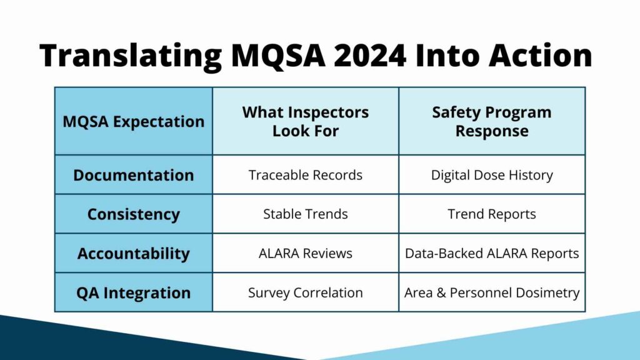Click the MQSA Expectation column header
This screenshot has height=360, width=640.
click(133, 121)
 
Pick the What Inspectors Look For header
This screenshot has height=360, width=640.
click(306, 121)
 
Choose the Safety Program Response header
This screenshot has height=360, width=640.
click(492, 121)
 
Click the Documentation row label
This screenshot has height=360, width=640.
click(133, 175)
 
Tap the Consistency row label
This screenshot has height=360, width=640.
click(133, 214)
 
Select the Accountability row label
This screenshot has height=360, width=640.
click(133, 253)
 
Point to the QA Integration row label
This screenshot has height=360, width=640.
click(133, 292)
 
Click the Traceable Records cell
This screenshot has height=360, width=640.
click(306, 175)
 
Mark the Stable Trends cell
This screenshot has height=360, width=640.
click(306, 214)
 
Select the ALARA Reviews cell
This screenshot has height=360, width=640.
click(306, 253)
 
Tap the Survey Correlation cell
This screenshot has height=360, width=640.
click(306, 292)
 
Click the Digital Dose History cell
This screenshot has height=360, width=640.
click(492, 175)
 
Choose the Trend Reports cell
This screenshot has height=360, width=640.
click(492, 214)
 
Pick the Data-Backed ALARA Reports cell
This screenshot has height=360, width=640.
click(492, 253)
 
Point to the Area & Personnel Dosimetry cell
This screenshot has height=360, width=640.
click(492, 292)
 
